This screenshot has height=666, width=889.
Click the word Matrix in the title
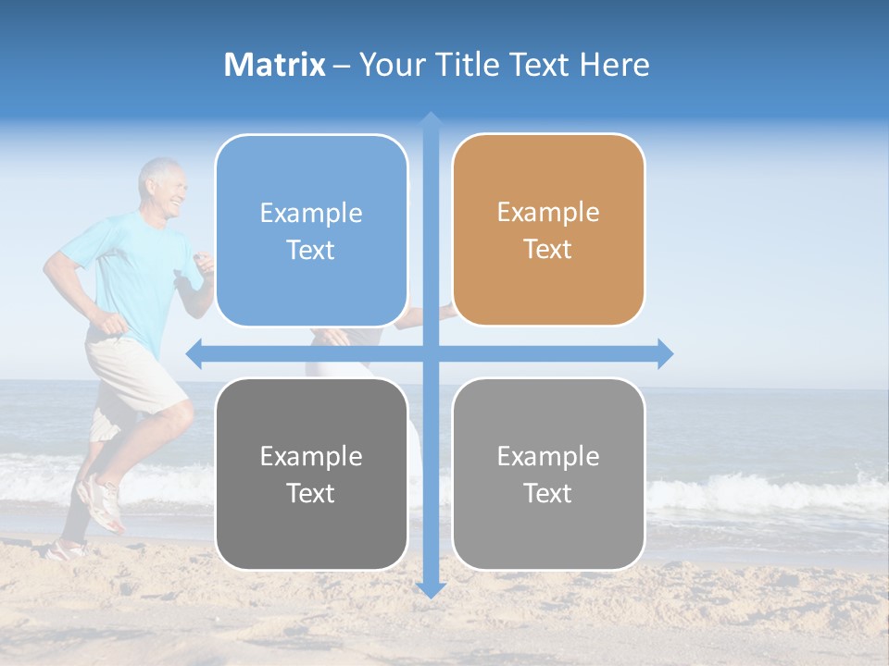coord(275,65)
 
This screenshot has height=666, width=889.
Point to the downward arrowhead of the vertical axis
coord(431,589)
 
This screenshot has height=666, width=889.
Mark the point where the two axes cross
coord(431,353)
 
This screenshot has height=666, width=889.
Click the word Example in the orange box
coord(548,213)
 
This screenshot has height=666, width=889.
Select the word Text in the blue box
coord(310,251)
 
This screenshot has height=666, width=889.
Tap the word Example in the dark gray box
coord(311,456)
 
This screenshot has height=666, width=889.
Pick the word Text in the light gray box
coord(547,493)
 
